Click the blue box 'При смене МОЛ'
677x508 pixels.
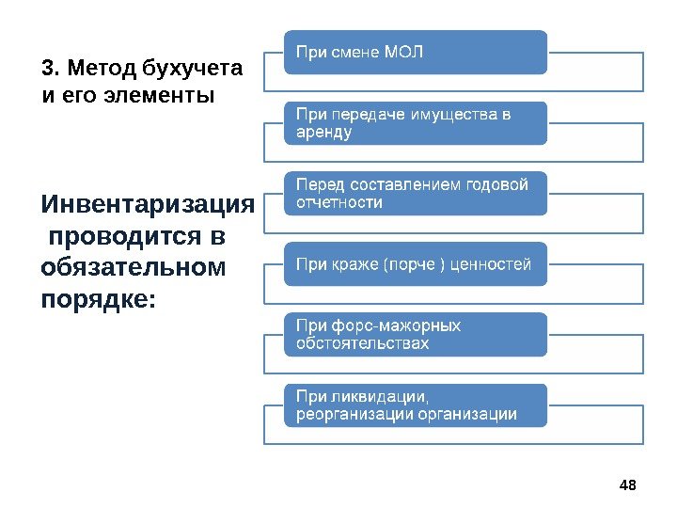click(415, 52)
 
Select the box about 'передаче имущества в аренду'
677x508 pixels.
click(415, 123)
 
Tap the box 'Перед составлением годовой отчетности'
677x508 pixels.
click(415, 194)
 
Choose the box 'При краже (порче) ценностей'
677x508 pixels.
click(415, 264)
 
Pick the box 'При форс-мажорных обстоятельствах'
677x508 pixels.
click(415, 335)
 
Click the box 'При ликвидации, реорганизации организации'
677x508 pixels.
click(415, 405)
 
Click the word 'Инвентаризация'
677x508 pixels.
click(148, 204)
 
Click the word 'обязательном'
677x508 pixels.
click(134, 267)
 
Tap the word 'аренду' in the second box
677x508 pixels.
click(324, 133)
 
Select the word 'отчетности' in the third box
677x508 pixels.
click(339, 203)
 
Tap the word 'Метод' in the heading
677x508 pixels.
click(101, 69)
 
